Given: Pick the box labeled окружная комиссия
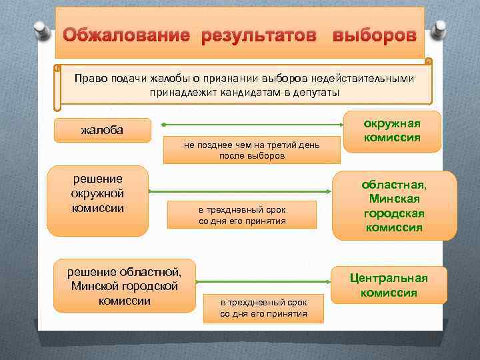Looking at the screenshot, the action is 391,130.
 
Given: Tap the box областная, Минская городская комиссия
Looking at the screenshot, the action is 395,205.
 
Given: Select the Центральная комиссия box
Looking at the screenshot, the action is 389,285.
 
